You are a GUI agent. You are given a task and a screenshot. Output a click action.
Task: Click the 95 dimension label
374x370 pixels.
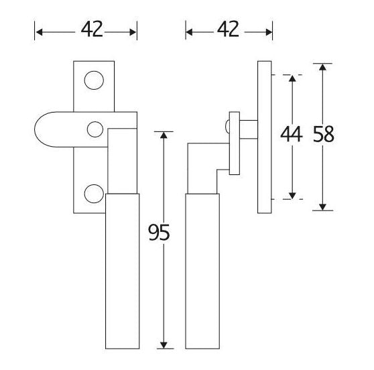click(x=159, y=232)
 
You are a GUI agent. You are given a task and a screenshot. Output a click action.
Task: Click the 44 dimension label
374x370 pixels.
click(x=292, y=134)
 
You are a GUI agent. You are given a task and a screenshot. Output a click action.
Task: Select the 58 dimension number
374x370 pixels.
click(x=324, y=134)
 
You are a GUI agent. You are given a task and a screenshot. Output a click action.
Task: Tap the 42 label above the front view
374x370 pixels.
click(x=92, y=29)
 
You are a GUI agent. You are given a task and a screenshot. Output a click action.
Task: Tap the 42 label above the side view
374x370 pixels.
click(x=228, y=29)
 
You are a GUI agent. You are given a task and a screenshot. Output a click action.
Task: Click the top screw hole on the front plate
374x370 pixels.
click(x=94, y=80)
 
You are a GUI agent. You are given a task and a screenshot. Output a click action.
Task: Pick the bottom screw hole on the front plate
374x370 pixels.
click(x=94, y=194)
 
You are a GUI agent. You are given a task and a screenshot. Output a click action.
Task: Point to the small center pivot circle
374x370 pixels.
click(x=95, y=129)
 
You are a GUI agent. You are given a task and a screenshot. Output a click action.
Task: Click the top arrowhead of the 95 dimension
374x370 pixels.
click(x=164, y=135)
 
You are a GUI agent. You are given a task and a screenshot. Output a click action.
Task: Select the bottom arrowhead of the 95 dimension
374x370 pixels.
click(x=164, y=345)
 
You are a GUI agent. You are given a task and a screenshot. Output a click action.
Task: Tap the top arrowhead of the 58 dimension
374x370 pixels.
click(x=322, y=67)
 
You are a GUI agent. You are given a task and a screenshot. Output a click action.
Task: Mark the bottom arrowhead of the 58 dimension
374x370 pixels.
click(x=322, y=207)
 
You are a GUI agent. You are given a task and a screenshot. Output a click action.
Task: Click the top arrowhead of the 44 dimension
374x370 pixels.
click(x=292, y=78)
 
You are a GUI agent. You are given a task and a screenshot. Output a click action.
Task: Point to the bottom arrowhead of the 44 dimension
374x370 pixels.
click(x=292, y=196)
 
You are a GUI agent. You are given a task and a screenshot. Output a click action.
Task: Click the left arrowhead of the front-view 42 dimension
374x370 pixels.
click(x=39, y=32)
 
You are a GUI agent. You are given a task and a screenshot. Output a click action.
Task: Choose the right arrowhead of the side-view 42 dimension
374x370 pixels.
click(x=269, y=32)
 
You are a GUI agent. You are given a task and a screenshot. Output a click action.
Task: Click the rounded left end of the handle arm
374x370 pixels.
click(x=35, y=129)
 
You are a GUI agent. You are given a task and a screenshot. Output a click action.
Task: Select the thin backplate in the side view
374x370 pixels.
click(x=265, y=137)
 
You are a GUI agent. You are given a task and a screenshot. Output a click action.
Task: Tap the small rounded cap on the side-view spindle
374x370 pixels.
click(x=227, y=126)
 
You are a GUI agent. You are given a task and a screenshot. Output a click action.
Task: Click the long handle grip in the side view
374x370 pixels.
click(x=202, y=271)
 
